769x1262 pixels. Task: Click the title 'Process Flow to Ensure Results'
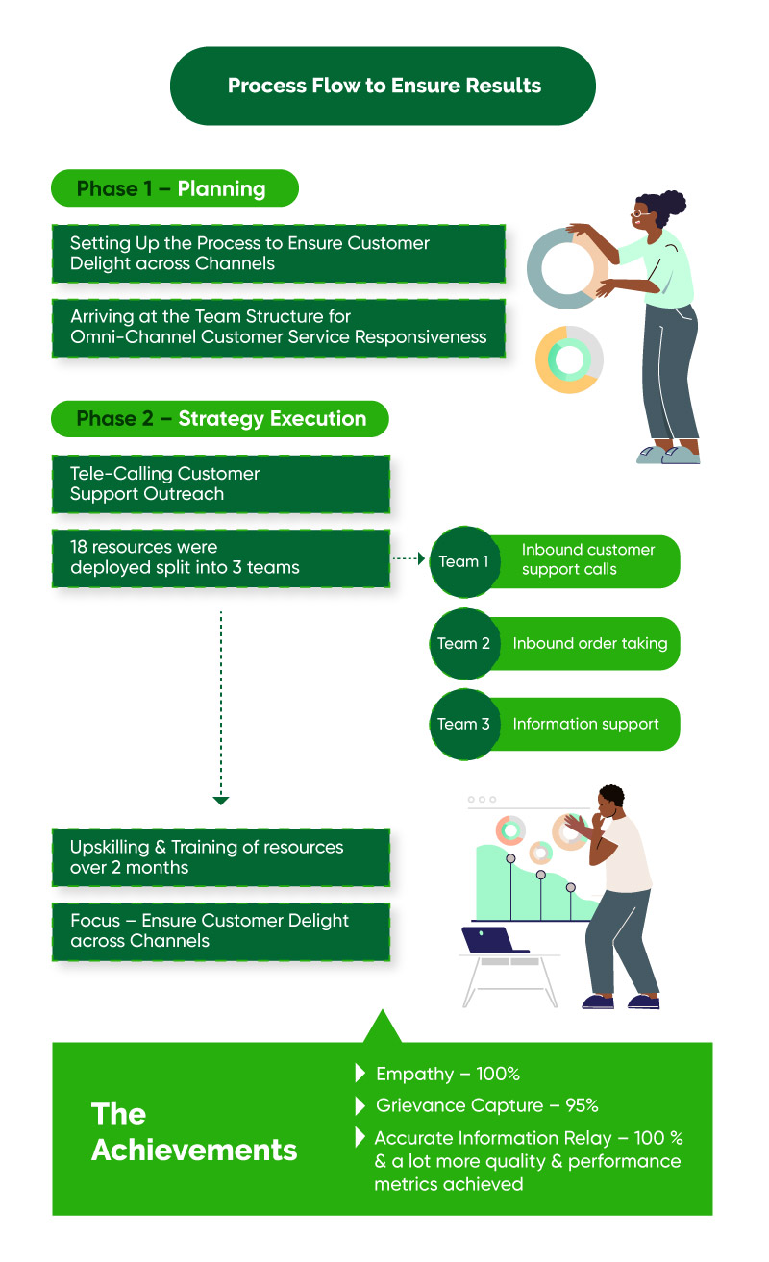(x=384, y=86)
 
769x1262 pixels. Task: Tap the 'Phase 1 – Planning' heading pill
(x=175, y=188)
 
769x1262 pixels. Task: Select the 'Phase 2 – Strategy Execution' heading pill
(x=220, y=419)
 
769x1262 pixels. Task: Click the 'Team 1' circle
(x=464, y=561)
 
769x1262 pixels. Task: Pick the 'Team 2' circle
(x=464, y=643)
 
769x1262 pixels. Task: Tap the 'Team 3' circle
(x=464, y=724)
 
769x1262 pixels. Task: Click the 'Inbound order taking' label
(x=590, y=643)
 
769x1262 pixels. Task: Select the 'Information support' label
(x=585, y=724)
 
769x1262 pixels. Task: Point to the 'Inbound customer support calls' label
(x=588, y=559)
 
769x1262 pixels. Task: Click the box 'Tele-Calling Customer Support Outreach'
(x=221, y=484)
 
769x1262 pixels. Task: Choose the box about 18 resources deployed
(x=221, y=558)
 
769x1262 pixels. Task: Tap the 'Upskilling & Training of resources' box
(x=221, y=857)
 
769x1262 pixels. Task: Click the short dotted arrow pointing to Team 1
(x=409, y=558)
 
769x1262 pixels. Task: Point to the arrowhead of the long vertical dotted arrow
(x=221, y=801)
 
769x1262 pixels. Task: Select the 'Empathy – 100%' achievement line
(x=448, y=1074)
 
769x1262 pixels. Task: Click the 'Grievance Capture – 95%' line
(x=486, y=1105)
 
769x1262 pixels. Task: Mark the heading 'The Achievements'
(x=194, y=1132)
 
